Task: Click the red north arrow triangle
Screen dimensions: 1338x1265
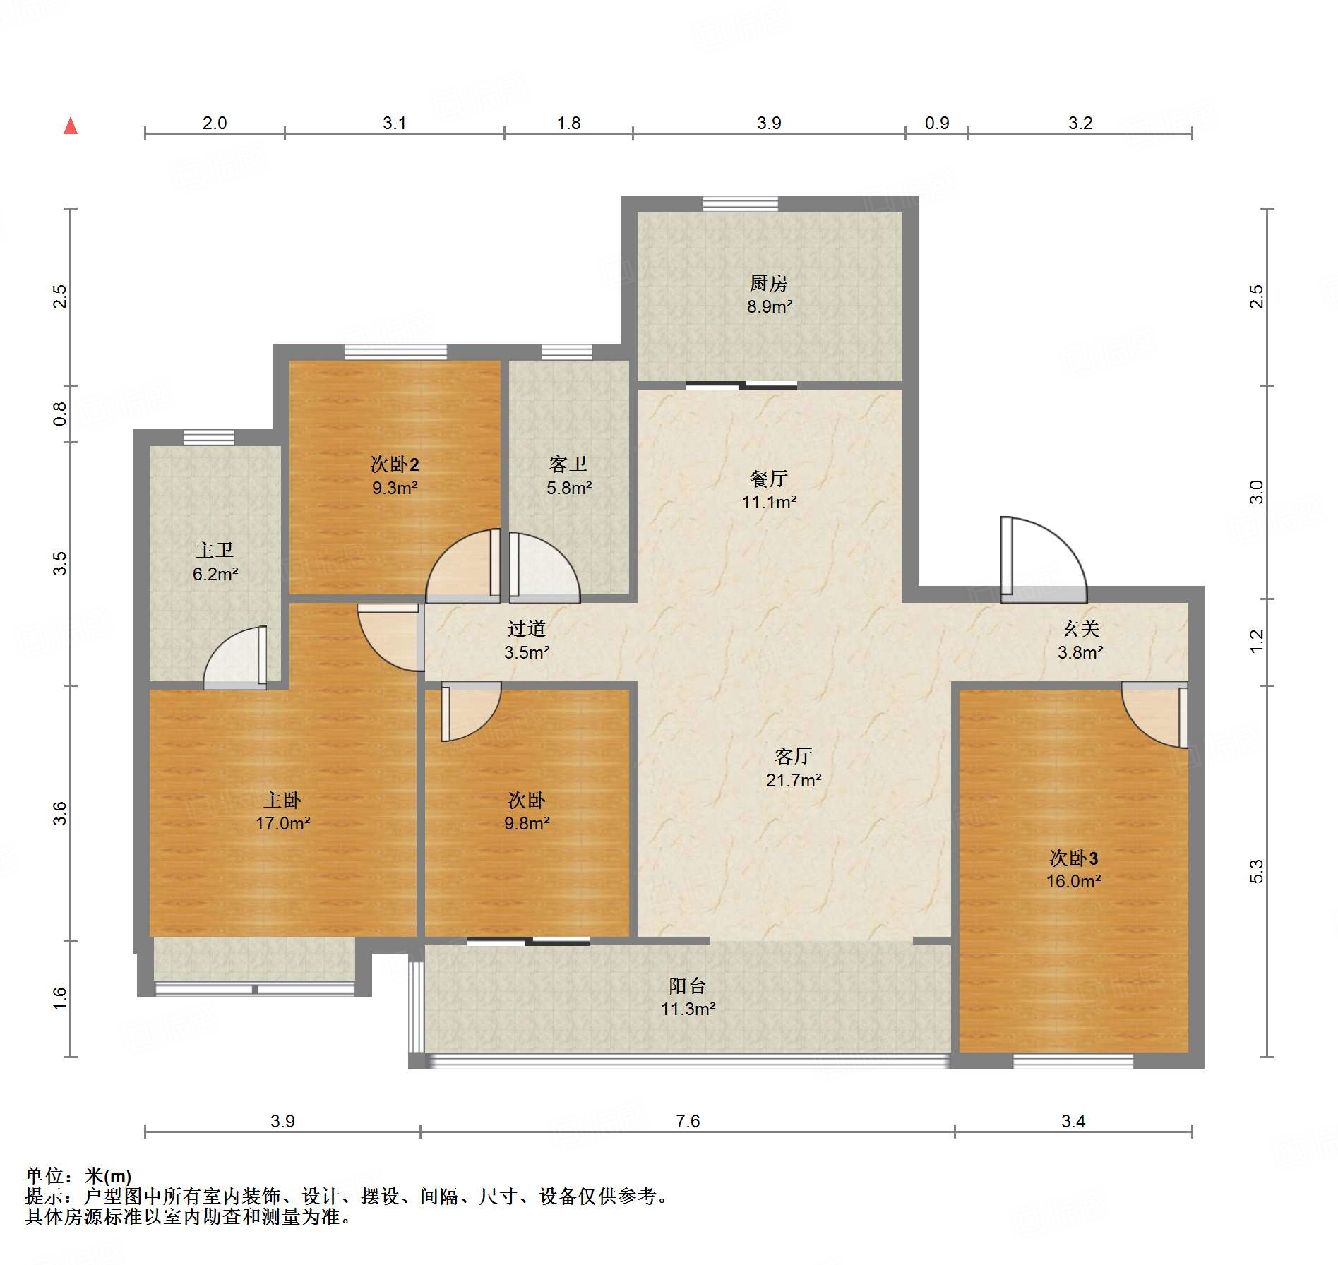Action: click(x=71, y=126)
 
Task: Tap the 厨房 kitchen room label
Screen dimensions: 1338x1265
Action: click(x=768, y=284)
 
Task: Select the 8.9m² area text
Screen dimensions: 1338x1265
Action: click(x=770, y=307)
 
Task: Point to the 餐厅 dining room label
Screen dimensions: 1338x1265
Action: click(x=768, y=479)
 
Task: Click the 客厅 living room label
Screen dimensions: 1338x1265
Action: click(x=794, y=757)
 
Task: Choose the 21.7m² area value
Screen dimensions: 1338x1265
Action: click(x=794, y=780)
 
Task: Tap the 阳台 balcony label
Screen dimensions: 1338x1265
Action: click(x=687, y=986)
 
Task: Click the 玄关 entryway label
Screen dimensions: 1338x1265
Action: click(x=1081, y=629)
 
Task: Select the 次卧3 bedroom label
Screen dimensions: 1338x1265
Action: click(x=1073, y=858)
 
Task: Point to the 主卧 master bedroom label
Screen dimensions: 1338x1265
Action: click(x=282, y=801)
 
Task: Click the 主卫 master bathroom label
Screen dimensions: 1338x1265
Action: click(x=215, y=551)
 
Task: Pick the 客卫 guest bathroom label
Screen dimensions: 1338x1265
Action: click(x=568, y=464)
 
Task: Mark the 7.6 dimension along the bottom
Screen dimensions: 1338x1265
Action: click(x=688, y=1122)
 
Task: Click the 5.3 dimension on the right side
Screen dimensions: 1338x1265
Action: click(x=1256, y=872)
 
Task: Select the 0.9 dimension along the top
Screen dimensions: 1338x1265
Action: click(x=937, y=124)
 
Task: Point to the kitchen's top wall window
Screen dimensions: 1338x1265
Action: click(x=741, y=204)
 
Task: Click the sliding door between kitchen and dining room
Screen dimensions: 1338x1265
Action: click(x=741, y=385)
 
